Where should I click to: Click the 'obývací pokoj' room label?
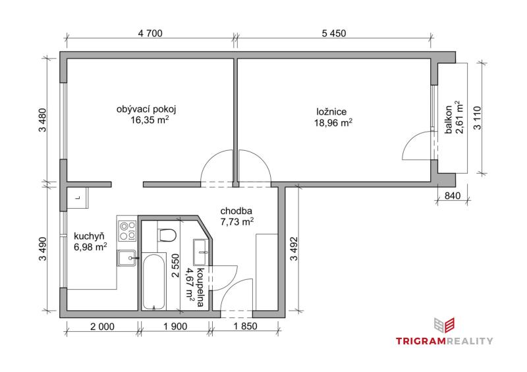click(x=146, y=109)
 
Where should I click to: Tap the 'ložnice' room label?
click(x=331, y=111)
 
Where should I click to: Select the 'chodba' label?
click(x=236, y=211)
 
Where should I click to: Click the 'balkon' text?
click(x=449, y=120)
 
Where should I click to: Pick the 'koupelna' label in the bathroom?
click(x=200, y=287)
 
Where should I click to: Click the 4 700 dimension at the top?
click(x=150, y=34)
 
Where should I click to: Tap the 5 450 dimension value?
click(x=334, y=34)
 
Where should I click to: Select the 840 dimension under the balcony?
click(x=453, y=196)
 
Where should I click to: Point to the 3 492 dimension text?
click(x=294, y=249)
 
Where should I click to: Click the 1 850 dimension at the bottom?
click(x=245, y=326)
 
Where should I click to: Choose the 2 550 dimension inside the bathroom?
click(x=175, y=265)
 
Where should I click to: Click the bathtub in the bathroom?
click(x=153, y=282)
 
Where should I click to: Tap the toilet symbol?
click(x=167, y=235)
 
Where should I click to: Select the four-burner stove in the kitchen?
click(x=127, y=230)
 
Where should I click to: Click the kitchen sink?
click(x=126, y=257)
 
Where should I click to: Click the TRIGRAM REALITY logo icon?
click(x=444, y=326)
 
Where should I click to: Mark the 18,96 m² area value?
click(x=333, y=122)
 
